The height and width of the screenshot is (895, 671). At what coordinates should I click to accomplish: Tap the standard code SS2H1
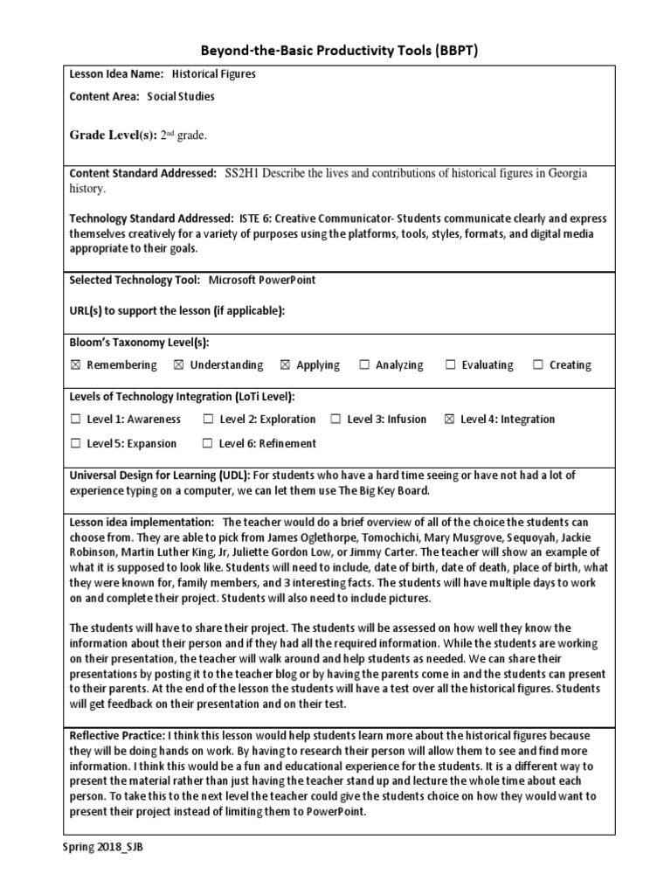pos(244,174)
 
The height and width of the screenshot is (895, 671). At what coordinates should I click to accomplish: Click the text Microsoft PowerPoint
pos(261,280)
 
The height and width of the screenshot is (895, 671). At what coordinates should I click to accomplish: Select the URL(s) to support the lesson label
pos(176,310)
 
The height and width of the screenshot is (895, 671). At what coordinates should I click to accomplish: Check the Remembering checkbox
pos(75,365)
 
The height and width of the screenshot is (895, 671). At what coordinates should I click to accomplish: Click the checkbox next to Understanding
pos(178,365)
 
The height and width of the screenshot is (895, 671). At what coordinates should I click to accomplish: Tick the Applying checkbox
pos(285,365)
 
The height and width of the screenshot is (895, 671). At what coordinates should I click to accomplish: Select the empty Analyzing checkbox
pos(364,365)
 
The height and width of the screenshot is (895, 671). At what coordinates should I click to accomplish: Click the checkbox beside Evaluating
pos(451,365)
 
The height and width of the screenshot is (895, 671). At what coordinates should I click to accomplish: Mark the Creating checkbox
pos(537,365)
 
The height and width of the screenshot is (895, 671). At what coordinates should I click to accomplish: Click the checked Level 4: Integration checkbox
pos(450,420)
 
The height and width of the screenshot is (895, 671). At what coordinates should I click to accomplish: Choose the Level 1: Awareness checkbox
pos(75,420)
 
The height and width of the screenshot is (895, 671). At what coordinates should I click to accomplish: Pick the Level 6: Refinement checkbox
pos(208,443)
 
